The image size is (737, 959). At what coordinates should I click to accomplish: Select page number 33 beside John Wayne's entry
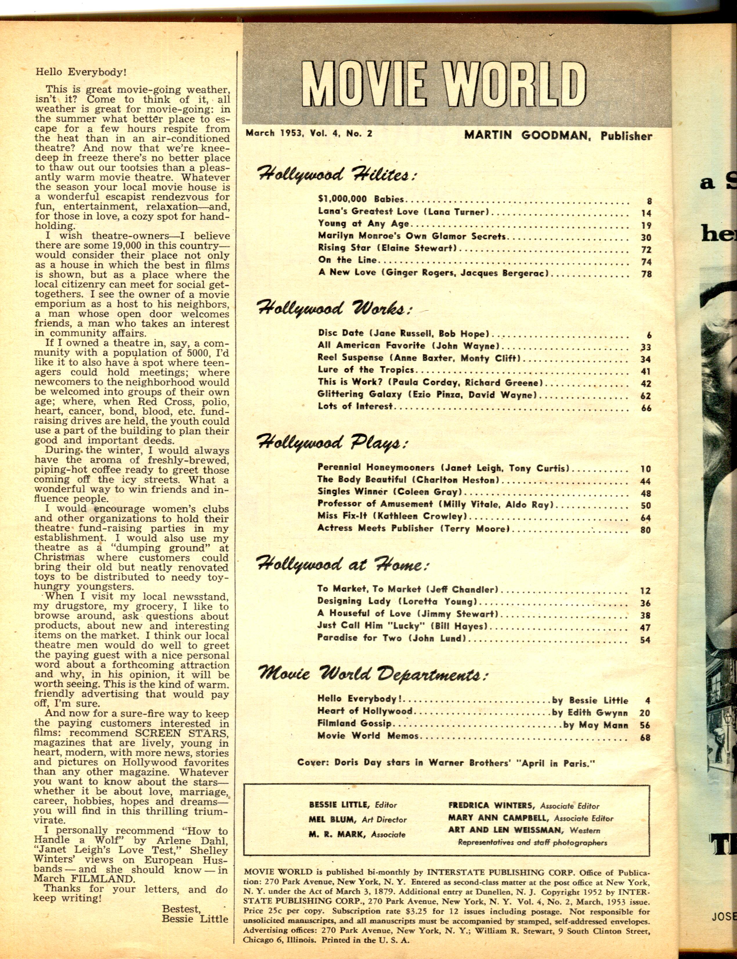[645, 348]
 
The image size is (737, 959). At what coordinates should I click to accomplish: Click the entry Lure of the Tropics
[366, 370]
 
